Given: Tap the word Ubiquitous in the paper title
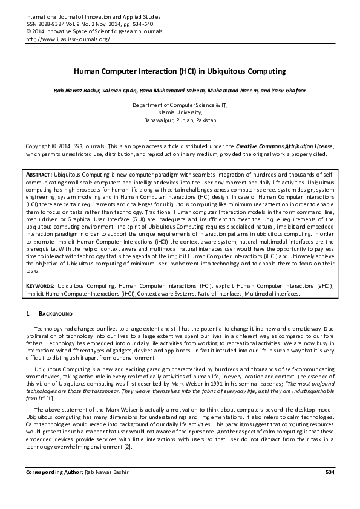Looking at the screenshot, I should (232, 71).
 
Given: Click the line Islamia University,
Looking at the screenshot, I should (180, 112).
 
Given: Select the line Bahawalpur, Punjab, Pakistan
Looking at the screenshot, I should (180, 119).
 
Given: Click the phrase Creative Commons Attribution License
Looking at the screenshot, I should (284, 146).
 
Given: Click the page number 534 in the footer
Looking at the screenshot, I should (330, 471).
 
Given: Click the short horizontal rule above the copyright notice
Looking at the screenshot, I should (180, 140).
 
